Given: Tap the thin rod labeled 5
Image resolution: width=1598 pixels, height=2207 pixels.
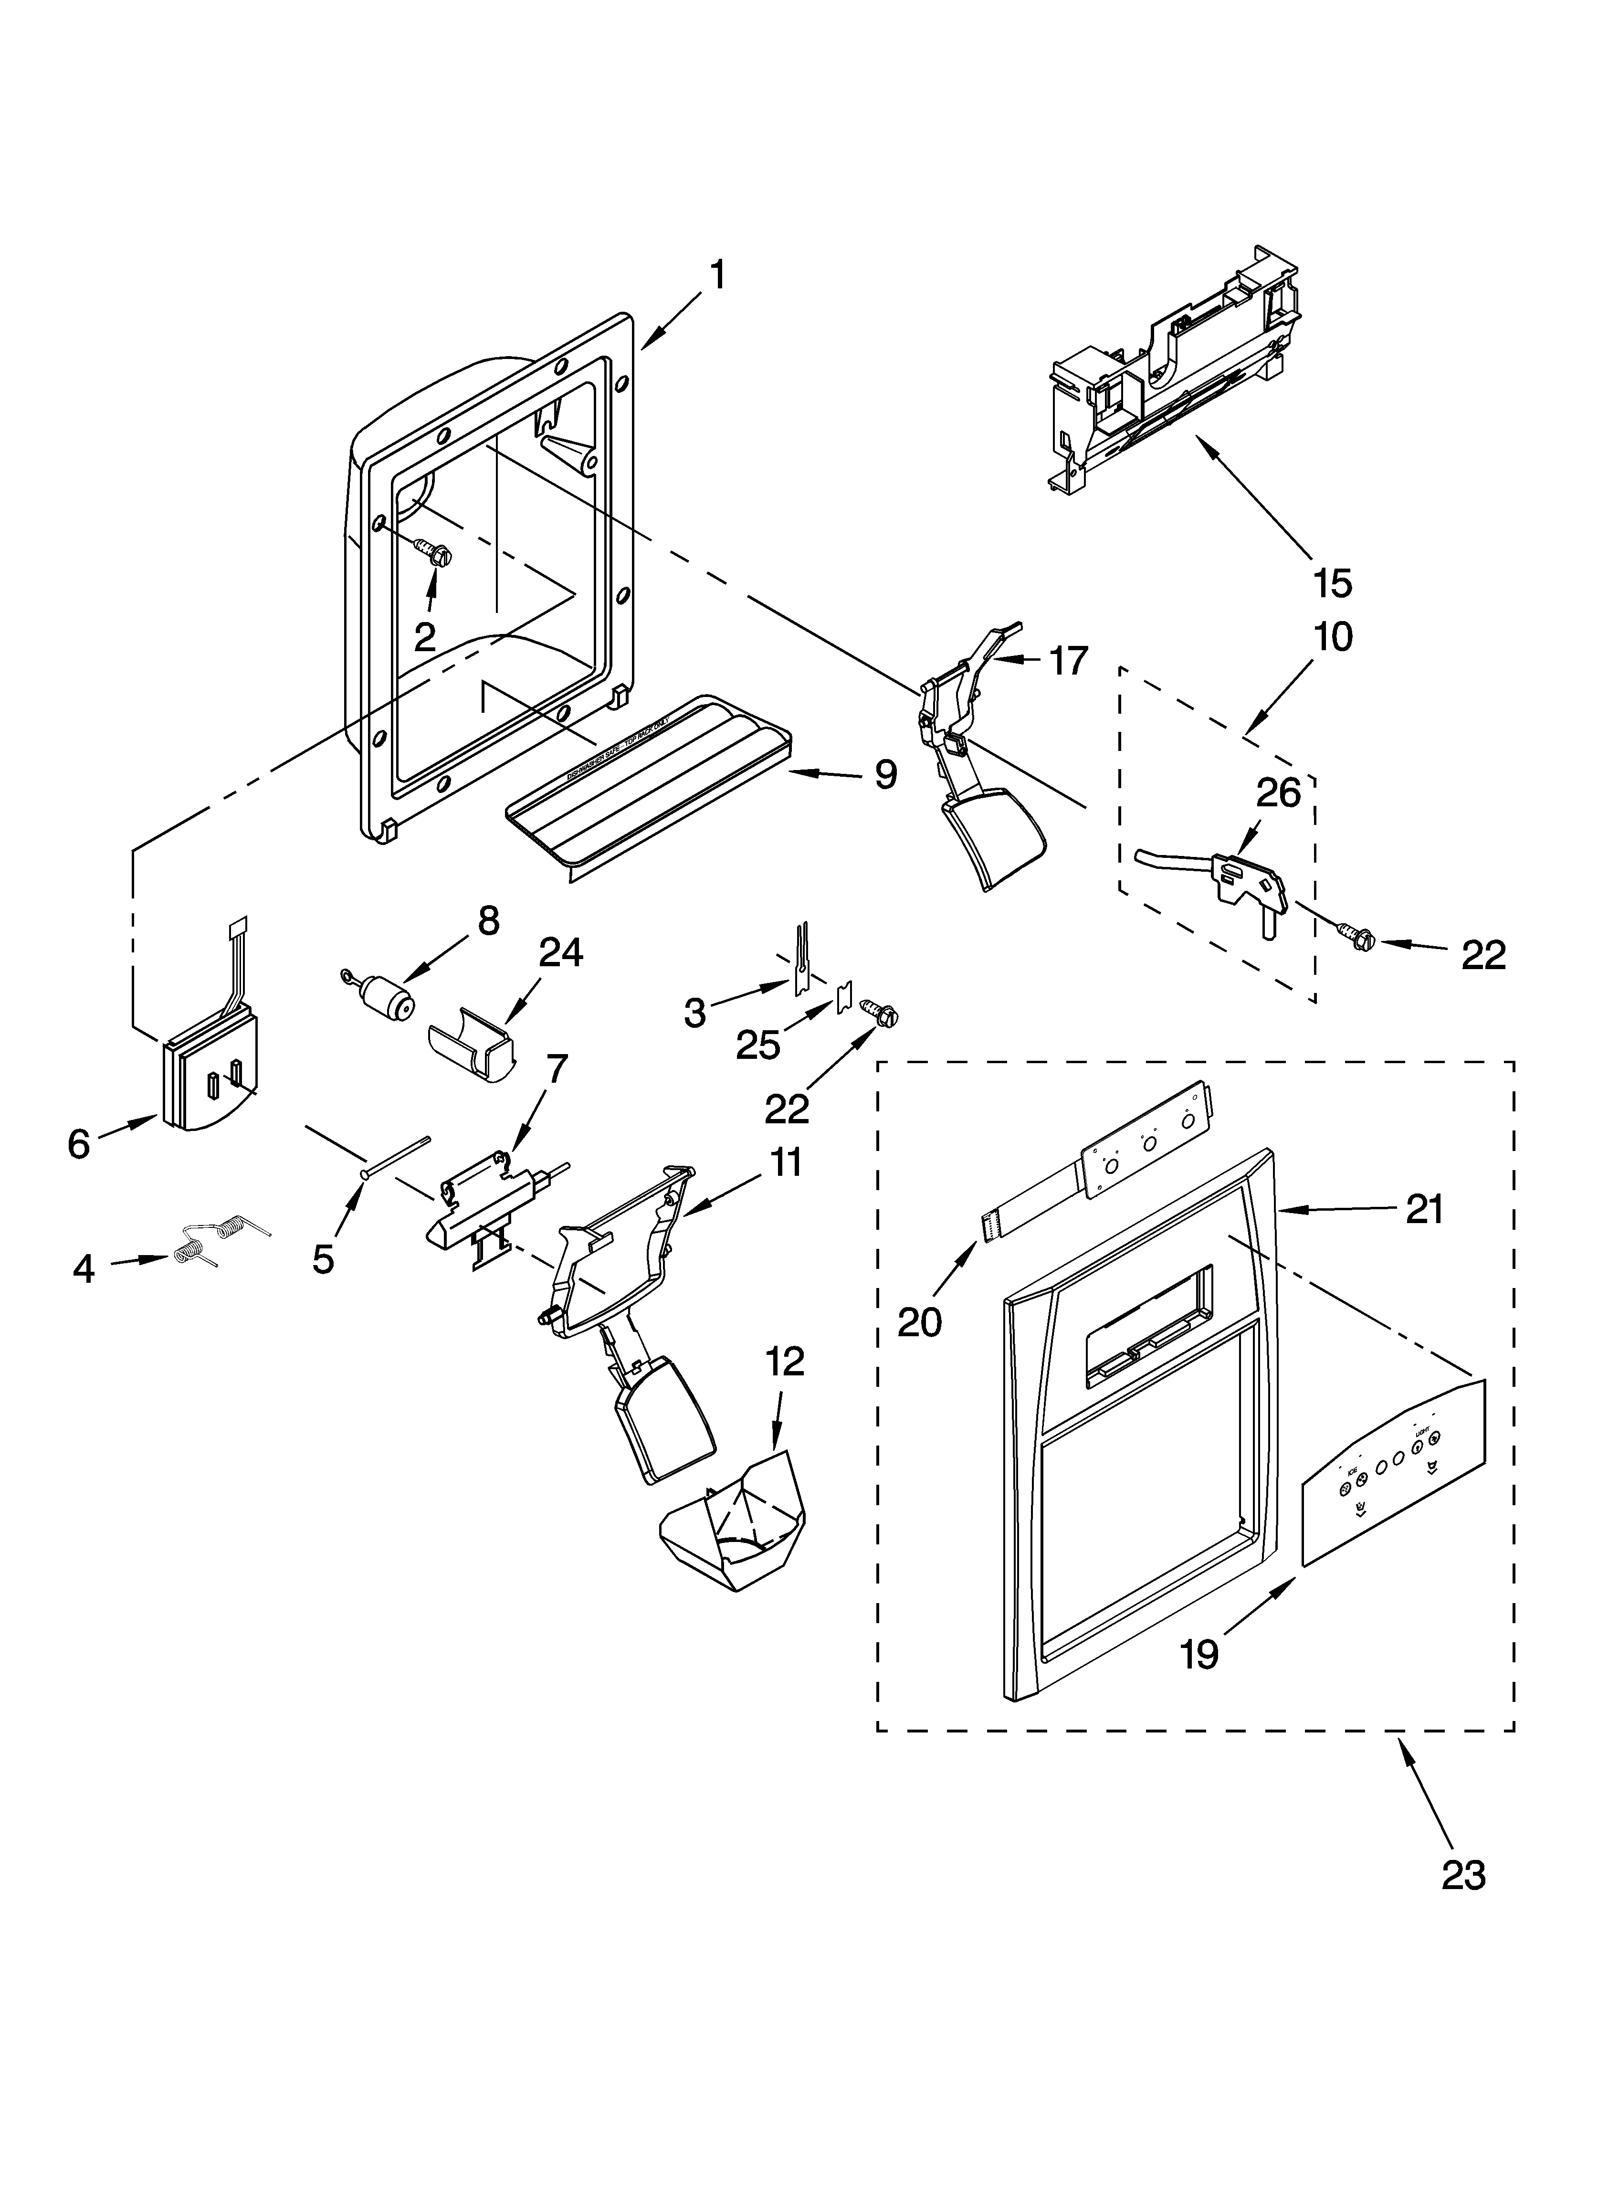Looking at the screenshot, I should [394, 1158].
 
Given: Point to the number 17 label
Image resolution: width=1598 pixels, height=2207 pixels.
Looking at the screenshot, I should [1069, 662].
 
